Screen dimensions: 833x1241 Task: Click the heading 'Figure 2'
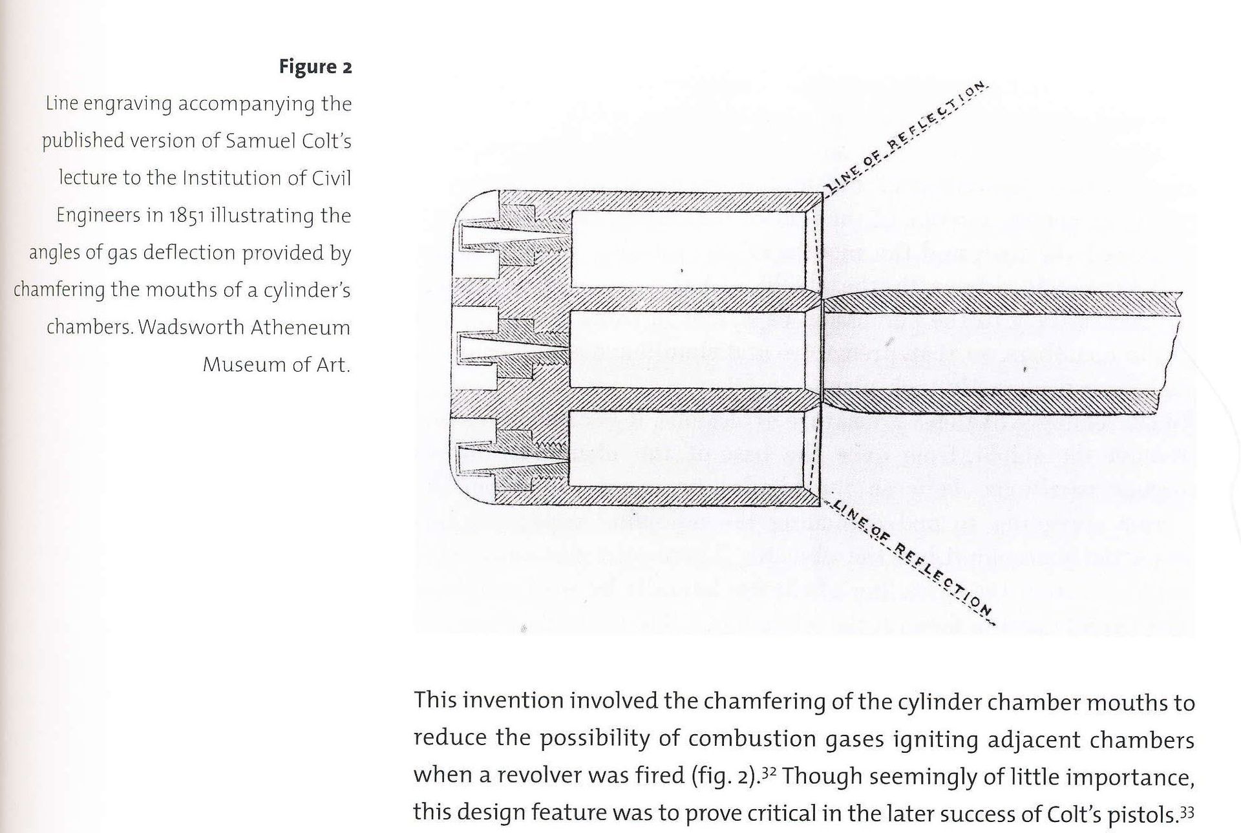(315, 67)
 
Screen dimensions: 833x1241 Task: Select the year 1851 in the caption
(187, 215)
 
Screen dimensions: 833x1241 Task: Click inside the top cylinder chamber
(688, 249)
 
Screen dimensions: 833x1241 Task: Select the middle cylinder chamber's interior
(688, 350)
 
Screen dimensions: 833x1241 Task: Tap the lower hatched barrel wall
(995, 401)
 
